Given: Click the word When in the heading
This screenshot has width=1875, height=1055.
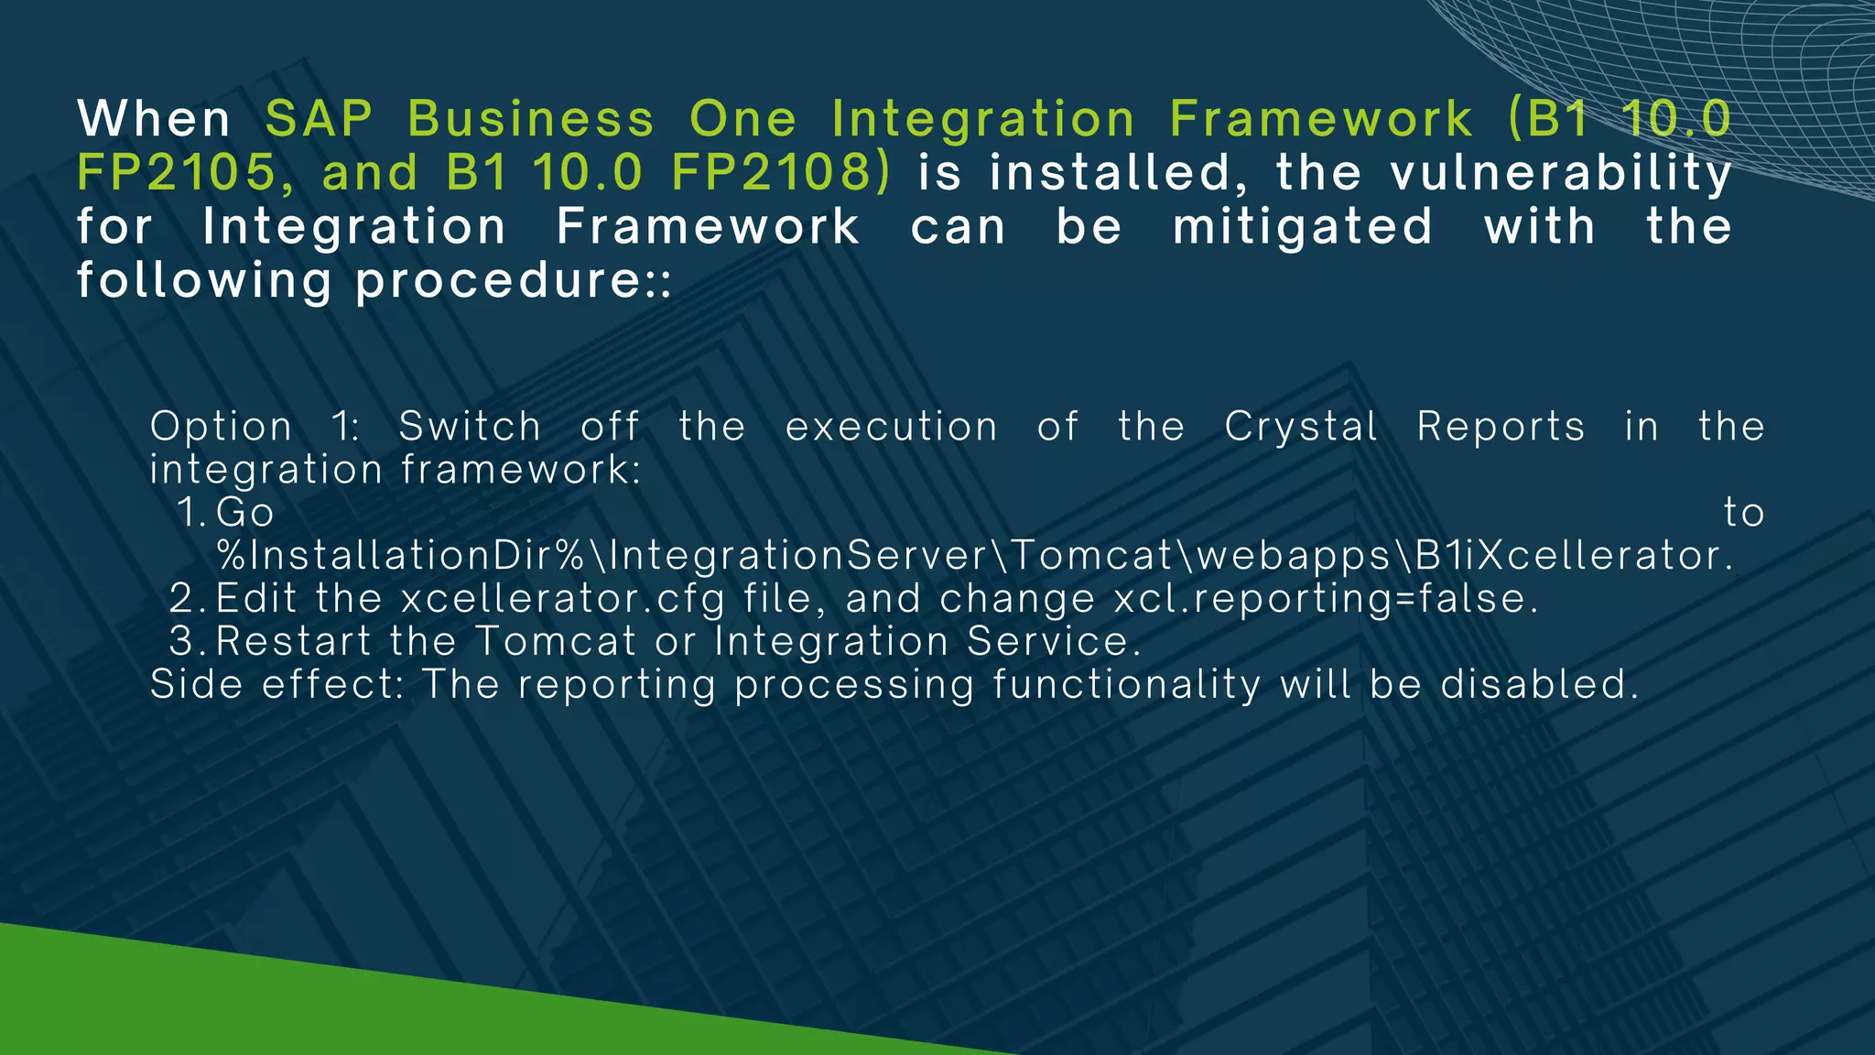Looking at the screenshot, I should pos(154,119).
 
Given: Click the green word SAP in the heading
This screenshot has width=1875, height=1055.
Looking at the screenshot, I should pos(319,119).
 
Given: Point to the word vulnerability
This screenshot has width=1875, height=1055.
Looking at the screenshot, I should pos(1560,173).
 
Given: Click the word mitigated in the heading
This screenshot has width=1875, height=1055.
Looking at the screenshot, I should pos(1303,227).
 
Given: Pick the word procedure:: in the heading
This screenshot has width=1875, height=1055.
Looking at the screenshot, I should pos(514,281).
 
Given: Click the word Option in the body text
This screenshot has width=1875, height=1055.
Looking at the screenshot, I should pos(222,427).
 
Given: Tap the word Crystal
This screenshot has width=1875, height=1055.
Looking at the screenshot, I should pos(1301,427).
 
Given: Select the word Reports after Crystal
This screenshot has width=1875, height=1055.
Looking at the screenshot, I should pos(1501,427).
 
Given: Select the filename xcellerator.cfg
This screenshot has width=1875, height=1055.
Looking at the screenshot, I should pos(563,599).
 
